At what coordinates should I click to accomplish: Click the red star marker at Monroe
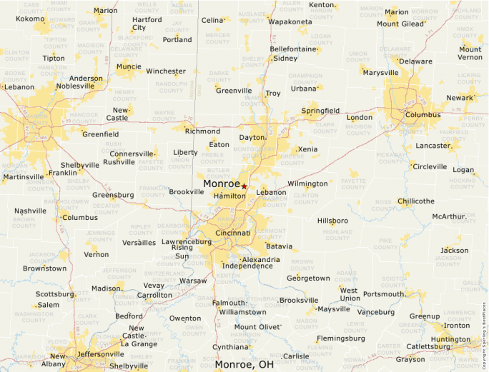244,186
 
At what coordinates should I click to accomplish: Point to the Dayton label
252,137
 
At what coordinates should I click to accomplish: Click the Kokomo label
30,19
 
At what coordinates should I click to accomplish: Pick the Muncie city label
129,66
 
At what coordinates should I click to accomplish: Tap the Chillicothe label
415,201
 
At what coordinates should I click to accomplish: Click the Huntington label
450,340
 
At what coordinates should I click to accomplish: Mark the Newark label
460,98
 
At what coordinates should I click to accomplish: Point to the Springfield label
320,111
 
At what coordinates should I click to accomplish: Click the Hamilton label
229,196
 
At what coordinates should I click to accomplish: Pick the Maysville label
333,309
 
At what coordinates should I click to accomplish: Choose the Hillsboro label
332,221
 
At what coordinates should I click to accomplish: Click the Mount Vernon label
470,53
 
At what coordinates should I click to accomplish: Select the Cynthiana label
230,347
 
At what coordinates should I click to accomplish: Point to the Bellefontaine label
292,49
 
